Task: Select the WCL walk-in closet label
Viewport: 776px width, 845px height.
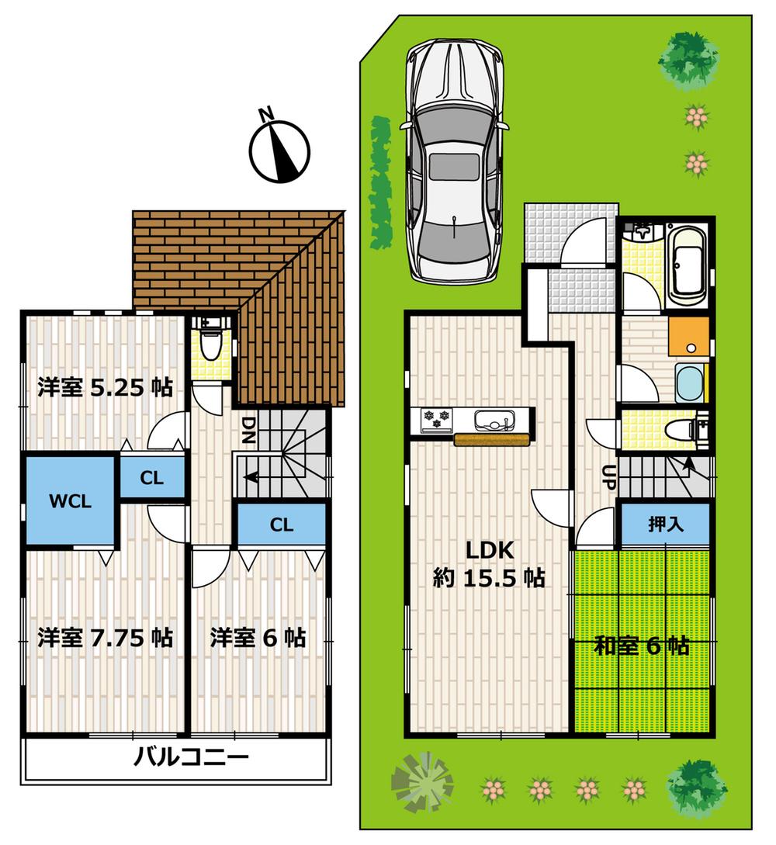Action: pos(71,500)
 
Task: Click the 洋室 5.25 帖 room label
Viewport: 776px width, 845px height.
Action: pos(106,387)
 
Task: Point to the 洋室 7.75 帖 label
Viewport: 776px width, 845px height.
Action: pos(106,638)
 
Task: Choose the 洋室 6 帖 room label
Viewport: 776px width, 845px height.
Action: pos(258,638)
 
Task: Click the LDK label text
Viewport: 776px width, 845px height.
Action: pos(490,550)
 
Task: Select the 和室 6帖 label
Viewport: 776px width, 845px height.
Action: pos(642,646)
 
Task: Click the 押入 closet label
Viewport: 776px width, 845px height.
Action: pos(666,525)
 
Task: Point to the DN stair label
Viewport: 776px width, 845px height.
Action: pos(248,428)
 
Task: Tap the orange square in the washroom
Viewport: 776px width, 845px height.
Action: pos(688,336)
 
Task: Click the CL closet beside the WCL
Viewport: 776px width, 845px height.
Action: pos(152,478)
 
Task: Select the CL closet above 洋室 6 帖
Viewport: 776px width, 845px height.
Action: pos(282,525)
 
